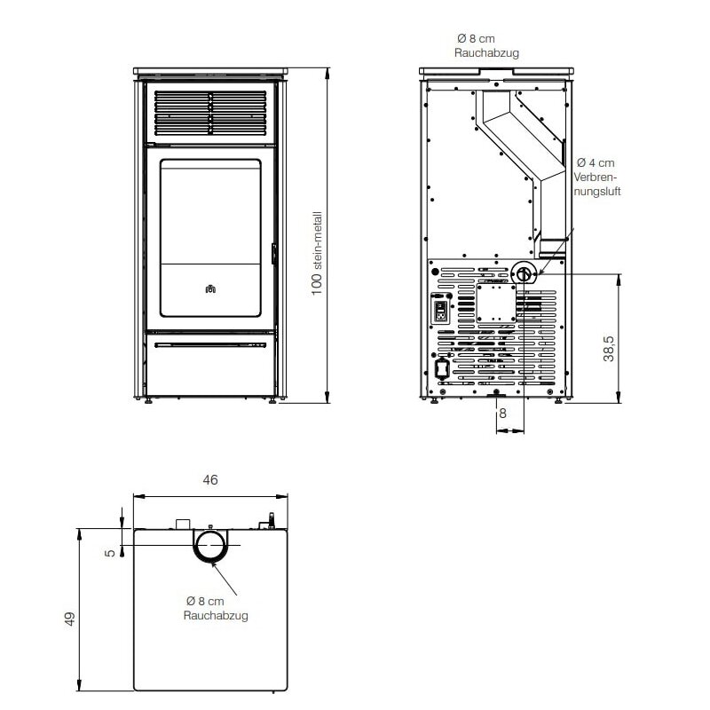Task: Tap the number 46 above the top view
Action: (209, 480)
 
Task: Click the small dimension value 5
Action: (110, 553)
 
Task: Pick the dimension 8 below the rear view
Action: (502, 413)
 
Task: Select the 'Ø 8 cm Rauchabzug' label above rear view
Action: (485, 46)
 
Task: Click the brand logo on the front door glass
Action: (211, 288)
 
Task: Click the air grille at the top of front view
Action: (210, 114)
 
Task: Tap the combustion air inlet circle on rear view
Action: (525, 274)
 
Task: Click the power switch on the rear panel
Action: (438, 310)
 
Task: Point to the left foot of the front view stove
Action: (148, 400)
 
